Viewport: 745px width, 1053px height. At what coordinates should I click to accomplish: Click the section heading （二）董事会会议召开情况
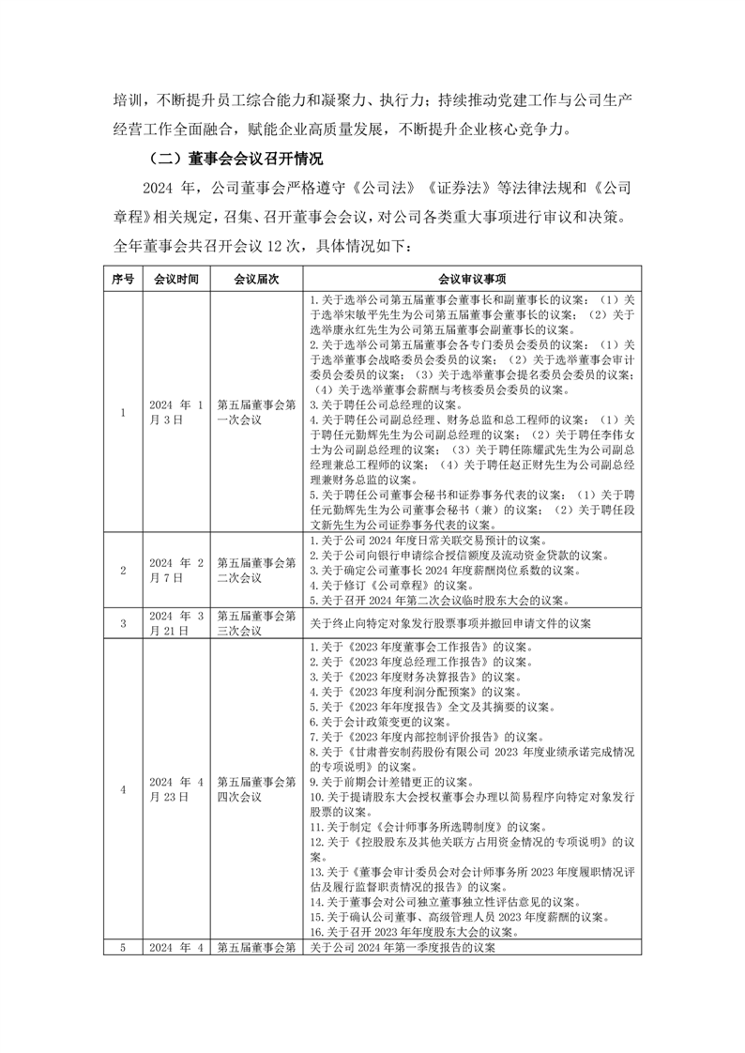230,157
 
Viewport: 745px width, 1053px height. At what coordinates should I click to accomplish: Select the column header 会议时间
176,279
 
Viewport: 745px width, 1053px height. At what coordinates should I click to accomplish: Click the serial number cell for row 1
123,411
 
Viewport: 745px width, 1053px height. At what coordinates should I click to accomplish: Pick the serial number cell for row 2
123,570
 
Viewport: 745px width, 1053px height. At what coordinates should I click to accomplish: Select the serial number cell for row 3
123,622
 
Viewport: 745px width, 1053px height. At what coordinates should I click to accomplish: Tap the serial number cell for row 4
123,788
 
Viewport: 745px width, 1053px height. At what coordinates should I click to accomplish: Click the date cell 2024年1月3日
176,411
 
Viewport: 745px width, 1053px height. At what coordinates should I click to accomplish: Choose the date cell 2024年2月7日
176,570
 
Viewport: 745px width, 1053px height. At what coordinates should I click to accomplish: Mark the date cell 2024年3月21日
176,622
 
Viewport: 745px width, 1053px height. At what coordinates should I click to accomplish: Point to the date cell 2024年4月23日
176,788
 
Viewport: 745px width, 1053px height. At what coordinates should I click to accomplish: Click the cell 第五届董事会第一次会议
256,411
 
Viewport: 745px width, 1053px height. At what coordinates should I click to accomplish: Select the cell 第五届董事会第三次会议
256,622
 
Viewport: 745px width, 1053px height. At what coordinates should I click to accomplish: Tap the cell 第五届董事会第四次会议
256,788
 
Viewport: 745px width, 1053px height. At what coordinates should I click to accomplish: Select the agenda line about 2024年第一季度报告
403,947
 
